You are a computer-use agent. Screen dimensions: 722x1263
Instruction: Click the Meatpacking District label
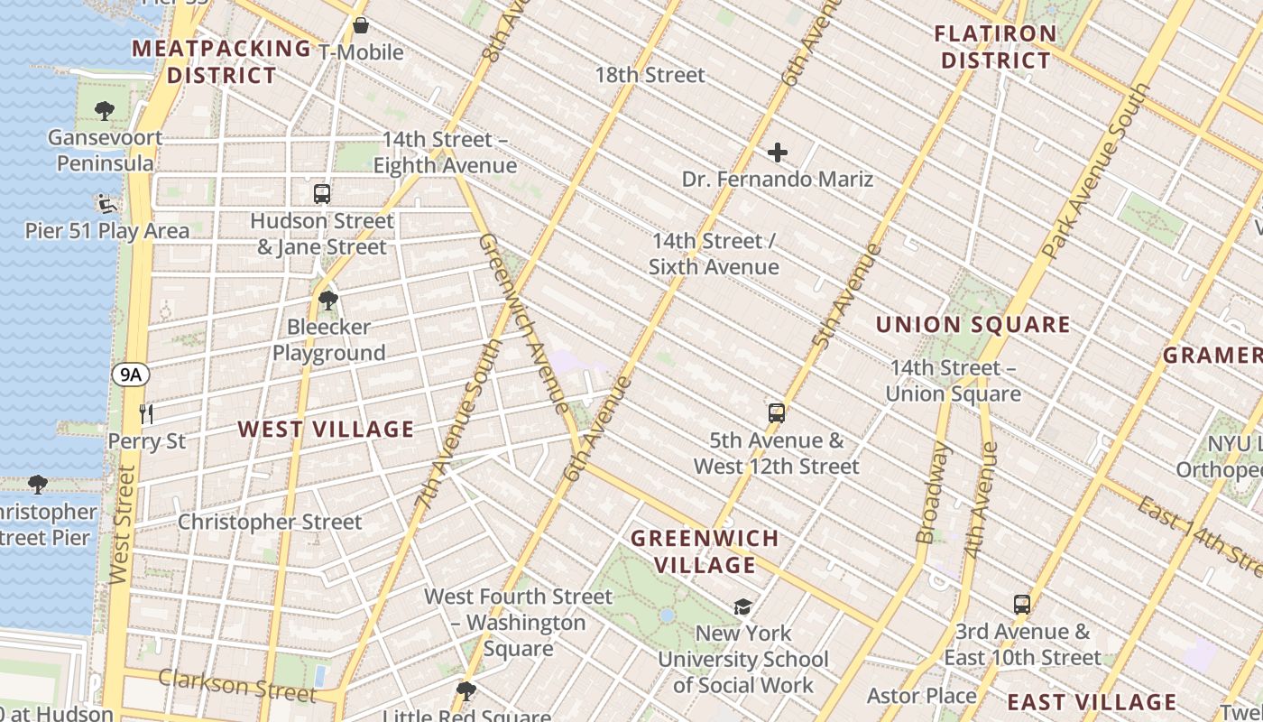221,61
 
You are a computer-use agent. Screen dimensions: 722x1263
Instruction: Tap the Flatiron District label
995,48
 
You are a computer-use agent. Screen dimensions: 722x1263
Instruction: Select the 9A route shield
131,375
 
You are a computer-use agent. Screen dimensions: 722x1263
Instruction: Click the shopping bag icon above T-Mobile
361,25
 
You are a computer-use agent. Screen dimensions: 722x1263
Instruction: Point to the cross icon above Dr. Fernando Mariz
777,153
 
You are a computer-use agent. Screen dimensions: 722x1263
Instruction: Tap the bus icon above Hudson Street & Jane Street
322,193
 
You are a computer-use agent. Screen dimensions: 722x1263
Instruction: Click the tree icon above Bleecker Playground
328,300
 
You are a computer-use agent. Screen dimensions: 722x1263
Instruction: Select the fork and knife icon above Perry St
146,414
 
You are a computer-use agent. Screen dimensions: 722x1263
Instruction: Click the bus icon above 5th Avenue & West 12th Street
776,413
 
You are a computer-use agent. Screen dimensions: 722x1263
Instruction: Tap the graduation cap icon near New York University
742,606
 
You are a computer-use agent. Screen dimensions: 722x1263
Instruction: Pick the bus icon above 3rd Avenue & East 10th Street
1021,604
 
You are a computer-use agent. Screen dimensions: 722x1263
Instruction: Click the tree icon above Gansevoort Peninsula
105,111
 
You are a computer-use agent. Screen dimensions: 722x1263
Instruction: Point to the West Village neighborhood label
326,430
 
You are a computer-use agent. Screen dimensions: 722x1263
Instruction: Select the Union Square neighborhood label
973,325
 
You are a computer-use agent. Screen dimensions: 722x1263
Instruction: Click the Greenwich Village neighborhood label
705,552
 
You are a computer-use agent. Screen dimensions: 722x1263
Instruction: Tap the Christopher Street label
269,522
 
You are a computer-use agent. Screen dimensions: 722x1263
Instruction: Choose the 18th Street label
650,75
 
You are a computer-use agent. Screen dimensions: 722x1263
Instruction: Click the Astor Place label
921,696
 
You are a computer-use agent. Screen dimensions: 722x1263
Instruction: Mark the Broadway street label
930,494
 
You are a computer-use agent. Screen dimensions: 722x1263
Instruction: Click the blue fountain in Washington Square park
667,616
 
